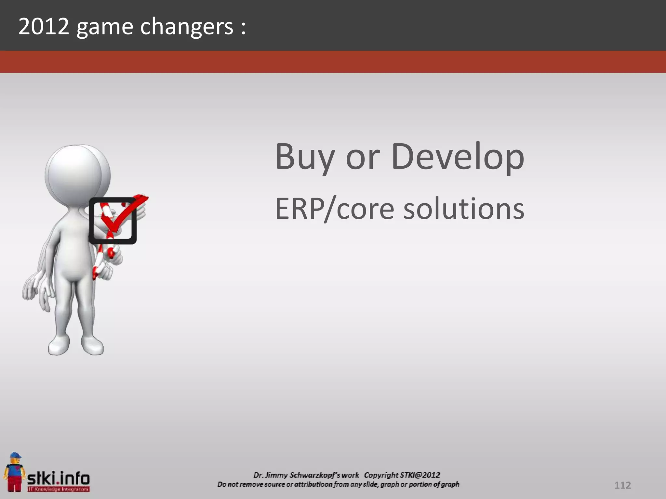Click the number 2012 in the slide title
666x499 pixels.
(x=44, y=27)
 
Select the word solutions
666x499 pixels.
(x=464, y=209)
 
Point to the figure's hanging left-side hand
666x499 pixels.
(x=31, y=288)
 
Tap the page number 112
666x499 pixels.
(x=622, y=485)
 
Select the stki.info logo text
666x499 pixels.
(x=59, y=479)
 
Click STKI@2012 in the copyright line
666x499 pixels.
(x=420, y=475)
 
